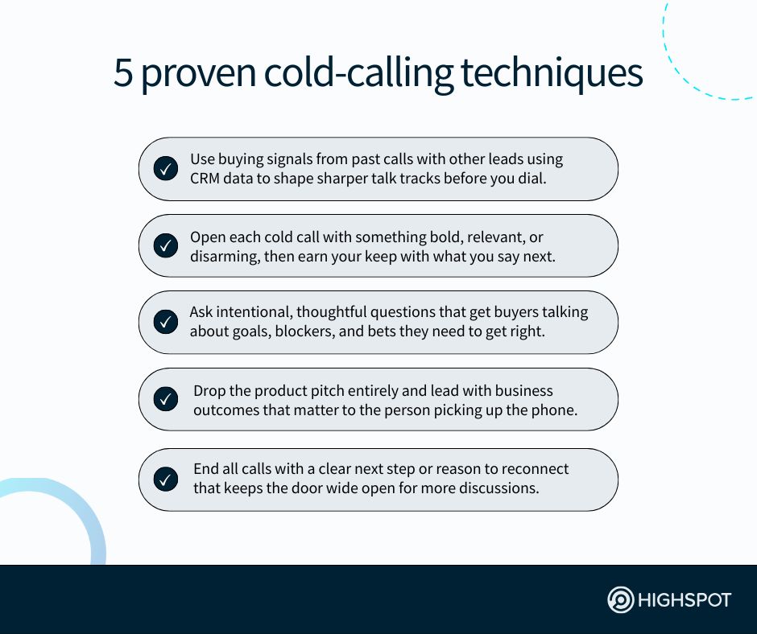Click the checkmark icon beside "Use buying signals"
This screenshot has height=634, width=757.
(x=165, y=169)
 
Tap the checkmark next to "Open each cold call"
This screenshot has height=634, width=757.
(x=165, y=246)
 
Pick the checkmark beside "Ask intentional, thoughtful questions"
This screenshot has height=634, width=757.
(x=165, y=322)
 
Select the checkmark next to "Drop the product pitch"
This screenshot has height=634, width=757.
(x=165, y=399)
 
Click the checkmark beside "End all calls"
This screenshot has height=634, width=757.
(x=165, y=480)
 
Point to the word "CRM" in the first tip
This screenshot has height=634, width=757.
(x=206, y=179)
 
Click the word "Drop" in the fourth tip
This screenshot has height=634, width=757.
(x=209, y=391)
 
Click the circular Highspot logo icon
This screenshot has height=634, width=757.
(x=620, y=600)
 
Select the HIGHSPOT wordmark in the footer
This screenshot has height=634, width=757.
(x=685, y=600)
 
